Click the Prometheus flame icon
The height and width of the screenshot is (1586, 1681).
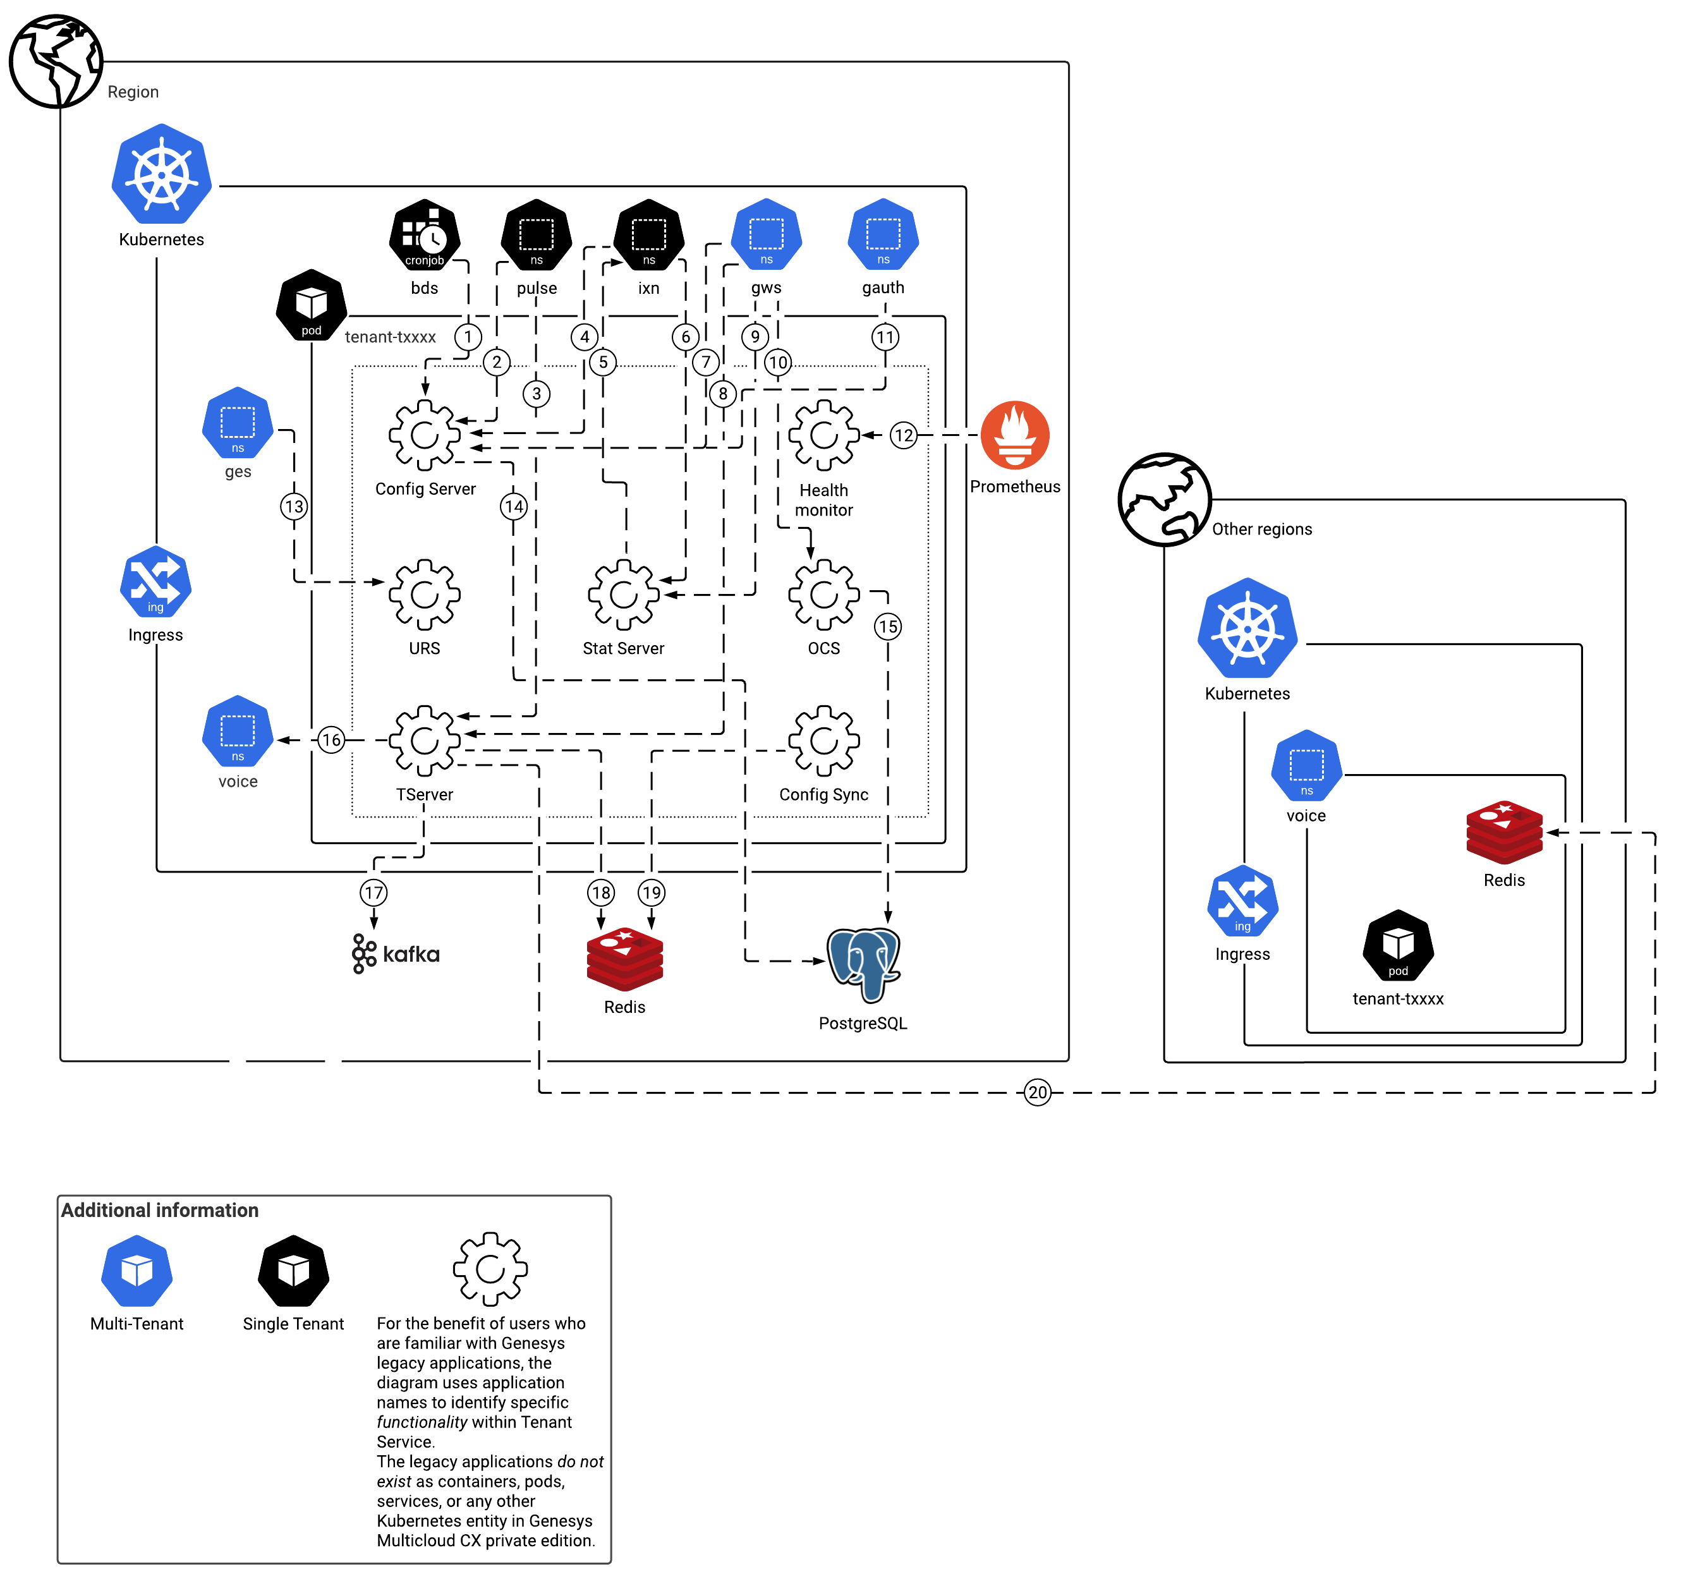tap(1015, 435)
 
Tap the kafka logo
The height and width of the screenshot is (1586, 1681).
tap(396, 953)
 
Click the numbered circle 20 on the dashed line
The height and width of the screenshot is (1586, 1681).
tap(1038, 1093)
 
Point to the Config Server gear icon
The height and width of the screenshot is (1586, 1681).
tap(425, 435)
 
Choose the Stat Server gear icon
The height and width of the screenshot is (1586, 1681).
tap(623, 595)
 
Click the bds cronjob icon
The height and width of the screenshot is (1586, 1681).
tap(425, 235)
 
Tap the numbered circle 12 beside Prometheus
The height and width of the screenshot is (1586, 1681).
tap(904, 435)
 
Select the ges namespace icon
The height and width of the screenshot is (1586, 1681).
tap(238, 423)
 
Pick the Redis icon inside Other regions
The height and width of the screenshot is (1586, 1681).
tap(1504, 833)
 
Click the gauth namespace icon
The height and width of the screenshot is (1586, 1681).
tap(883, 234)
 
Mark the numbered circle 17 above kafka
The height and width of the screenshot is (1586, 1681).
tap(373, 892)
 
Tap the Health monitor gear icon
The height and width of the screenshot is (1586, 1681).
tap(823, 435)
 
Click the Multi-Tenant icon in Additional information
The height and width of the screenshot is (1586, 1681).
tap(137, 1271)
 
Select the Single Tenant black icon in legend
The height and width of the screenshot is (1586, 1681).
tap(293, 1271)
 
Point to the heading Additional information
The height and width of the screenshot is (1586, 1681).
tap(160, 1210)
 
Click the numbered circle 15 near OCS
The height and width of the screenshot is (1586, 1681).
tap(887, 626)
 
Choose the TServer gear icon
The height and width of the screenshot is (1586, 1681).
tap(425, 741)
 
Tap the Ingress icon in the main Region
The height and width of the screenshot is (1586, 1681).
tap(155, 583)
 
